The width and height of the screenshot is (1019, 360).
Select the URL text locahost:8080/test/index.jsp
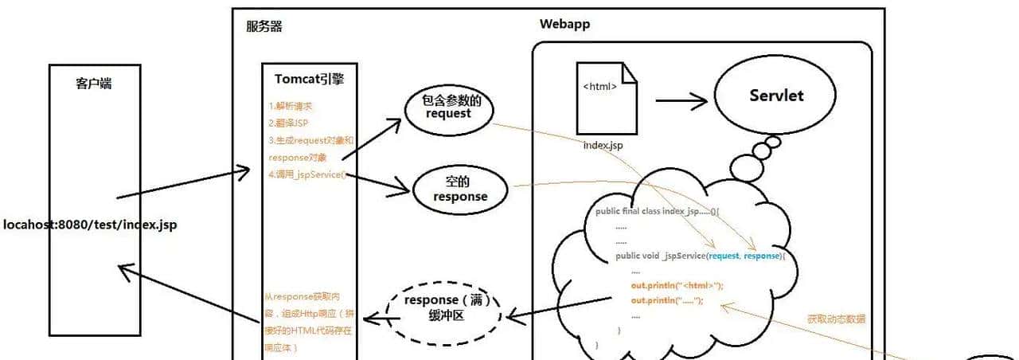[90, 225]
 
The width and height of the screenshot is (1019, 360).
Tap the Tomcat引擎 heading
[310, 79]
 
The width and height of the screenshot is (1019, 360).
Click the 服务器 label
[264, 26]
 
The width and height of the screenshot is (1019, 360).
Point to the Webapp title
[564, 24]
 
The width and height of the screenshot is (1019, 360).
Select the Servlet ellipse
[776, 96]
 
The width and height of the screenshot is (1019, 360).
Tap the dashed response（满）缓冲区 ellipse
[444, 308]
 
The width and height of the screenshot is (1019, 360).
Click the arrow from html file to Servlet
[681, 101]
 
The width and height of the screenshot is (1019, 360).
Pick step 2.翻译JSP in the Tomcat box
[288, 123]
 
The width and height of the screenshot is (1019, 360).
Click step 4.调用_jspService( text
[307, 174]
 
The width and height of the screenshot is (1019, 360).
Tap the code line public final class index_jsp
[657, 212]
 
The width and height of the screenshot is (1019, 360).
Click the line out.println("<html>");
[677, 285]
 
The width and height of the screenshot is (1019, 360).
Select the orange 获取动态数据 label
[835, 319]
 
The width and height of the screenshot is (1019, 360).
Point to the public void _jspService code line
[701, 256]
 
